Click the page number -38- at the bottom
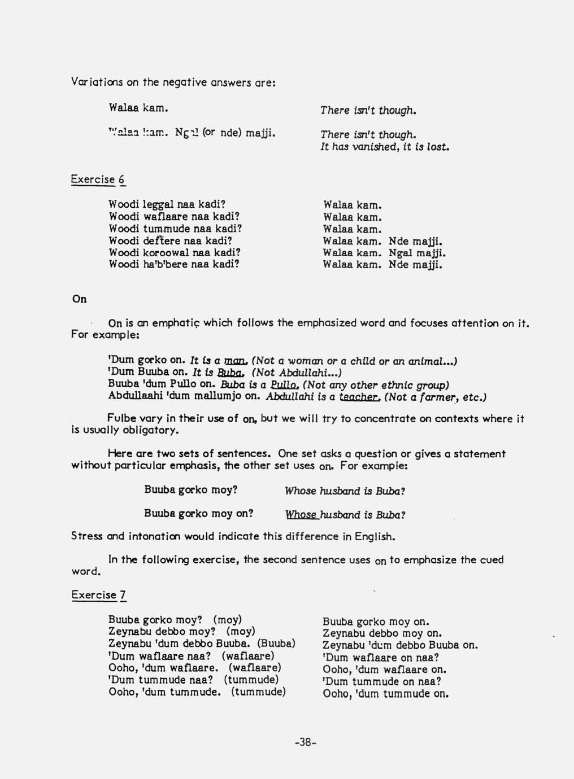point(306,742)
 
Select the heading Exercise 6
point(98,180)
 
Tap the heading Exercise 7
point(99,594)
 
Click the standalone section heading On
point(80,299)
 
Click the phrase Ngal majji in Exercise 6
point(418,253)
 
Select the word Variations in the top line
point(97,82)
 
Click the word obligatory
point(152,431)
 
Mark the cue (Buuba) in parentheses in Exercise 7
point(276,644)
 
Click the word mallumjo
point(220,396)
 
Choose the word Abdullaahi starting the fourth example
point(133,396)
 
